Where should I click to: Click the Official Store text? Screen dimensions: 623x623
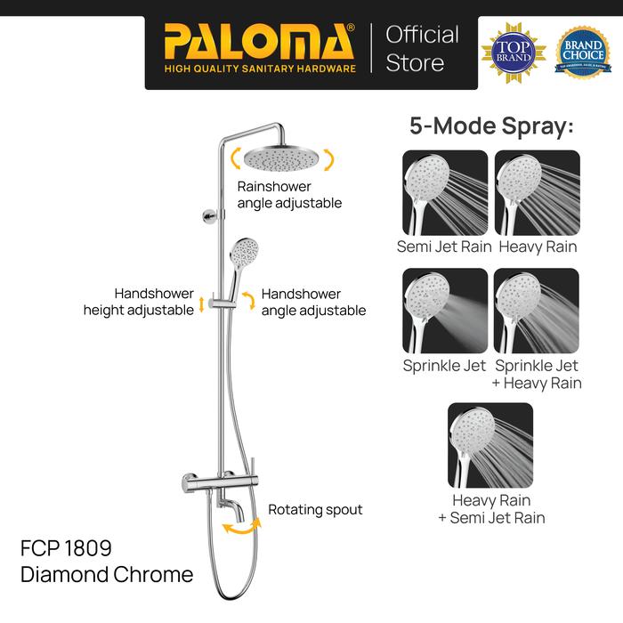(x=422, y=48)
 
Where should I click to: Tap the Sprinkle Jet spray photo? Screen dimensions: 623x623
(x=445, y=311)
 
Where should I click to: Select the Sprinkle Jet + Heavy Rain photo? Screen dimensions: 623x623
(x=538, y=311)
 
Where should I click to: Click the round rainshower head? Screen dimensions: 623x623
(x=281, y=158)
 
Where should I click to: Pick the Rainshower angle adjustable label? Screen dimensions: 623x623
(x=289, y=195)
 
